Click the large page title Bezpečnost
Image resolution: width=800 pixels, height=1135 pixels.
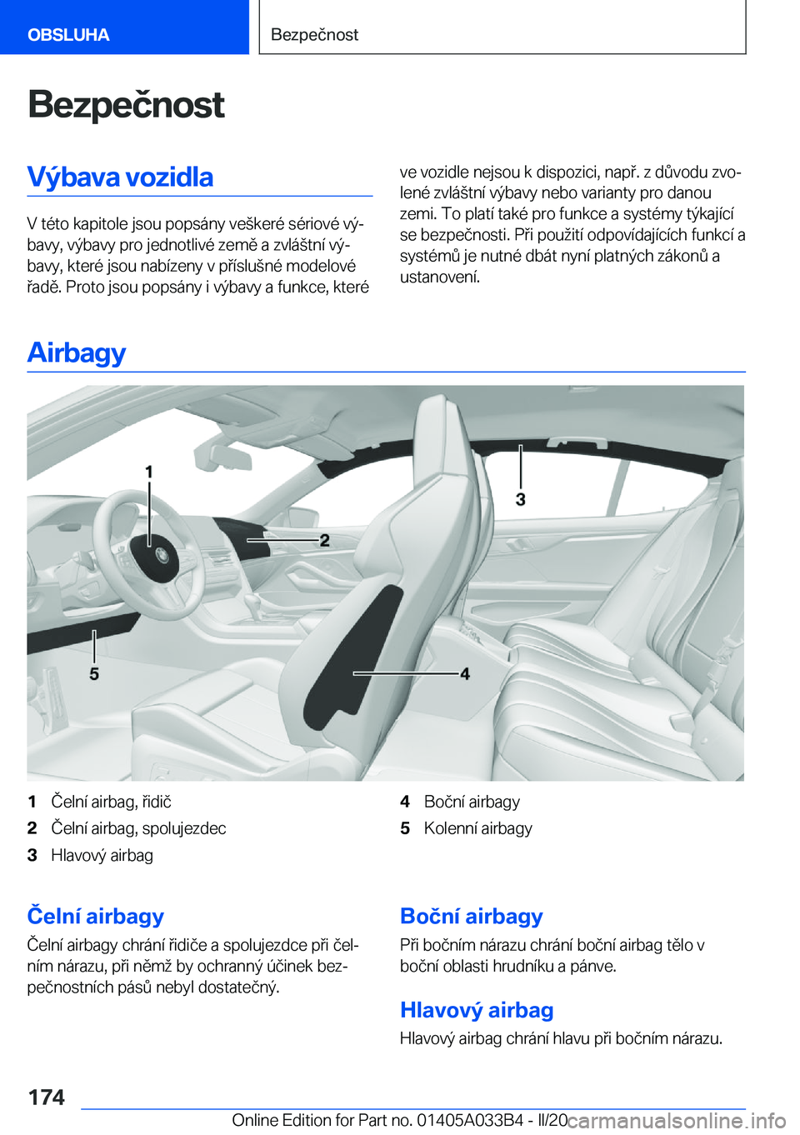[126, 105]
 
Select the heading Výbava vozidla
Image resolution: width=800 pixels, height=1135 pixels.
[120, 177]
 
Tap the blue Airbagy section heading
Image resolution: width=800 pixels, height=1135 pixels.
[77, 353]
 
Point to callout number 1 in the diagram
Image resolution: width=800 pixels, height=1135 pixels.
[149, 472]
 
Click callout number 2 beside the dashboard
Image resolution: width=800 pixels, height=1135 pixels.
[324, 540]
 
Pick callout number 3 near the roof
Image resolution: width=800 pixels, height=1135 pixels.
[520, 500]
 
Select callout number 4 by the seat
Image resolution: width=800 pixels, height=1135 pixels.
[465, 674]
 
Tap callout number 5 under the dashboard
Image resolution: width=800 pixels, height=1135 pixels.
[94, 674]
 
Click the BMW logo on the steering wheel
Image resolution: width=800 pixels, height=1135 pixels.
[161, 556]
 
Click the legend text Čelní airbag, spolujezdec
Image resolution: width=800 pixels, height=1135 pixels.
[139, 828]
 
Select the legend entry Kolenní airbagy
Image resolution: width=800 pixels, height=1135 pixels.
[477, 828]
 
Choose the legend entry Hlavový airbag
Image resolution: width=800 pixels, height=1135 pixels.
[102, 856]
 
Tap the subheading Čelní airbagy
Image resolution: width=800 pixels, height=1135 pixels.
[96, 916]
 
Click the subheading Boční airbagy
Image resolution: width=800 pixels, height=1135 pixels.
[471, 916]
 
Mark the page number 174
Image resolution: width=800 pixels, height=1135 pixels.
[47, 1098]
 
